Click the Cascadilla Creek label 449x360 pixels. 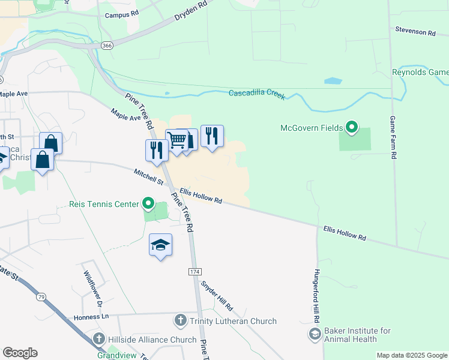click(x=257, y=94)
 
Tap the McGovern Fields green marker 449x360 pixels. click(x=352, y=127)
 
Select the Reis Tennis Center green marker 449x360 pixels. click(x=148, y=205)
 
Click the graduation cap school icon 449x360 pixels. click(x=160, y=245)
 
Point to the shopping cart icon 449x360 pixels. click(x=176, y=140)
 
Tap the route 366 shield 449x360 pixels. click(x=106, y=45)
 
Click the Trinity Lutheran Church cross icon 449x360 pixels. click(x=180, y=320)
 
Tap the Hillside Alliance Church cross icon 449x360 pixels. click(x=100, y=339)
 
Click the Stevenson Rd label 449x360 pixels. click(x=415, y=32)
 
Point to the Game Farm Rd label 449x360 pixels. click(x=393, y=137)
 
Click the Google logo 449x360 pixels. click(x=20, y=353)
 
